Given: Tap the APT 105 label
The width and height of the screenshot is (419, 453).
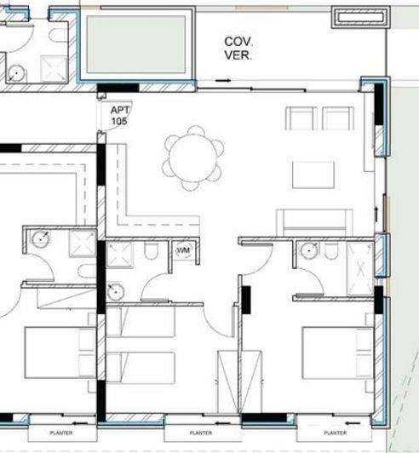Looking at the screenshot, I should click(119, 116).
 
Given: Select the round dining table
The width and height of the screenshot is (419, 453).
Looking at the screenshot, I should click(194, 157).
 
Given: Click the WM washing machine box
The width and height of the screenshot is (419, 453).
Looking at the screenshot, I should click(183, 251).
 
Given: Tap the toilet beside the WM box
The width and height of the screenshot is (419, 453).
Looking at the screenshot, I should click(152, 251).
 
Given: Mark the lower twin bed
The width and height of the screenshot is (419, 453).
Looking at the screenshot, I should click(141, 368).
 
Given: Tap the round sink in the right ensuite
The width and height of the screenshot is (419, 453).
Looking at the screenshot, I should click(307, 249).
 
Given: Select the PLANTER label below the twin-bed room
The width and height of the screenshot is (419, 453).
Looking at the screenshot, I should click(200, 433).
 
